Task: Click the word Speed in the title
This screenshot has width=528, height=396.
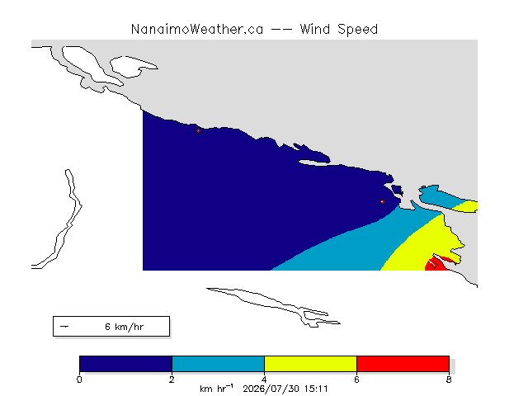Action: [x=357, y=30]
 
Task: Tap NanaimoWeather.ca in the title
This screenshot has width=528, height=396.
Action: [x=197, y=30]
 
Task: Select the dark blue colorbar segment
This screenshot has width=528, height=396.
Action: [x=126, y=364]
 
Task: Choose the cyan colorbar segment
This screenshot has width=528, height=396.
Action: [x=218, y=364]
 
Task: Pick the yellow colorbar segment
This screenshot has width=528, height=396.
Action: [x=310, y=364]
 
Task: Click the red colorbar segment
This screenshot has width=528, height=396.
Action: [x=403, y=364]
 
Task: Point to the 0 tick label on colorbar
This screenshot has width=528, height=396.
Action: [x=79, y=379]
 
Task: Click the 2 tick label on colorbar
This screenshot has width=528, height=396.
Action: [x=172, y=379]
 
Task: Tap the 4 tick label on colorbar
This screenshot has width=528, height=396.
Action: [x=264, y=379]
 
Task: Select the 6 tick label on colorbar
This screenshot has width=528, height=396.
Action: [x=356, y=379]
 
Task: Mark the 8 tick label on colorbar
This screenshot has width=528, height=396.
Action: [x=449, y=379]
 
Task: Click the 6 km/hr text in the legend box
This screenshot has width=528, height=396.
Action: [x=125, y=327]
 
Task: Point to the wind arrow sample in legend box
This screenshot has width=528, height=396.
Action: [x=64, y=327]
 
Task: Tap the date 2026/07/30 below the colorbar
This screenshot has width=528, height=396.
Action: [x=271, y=389]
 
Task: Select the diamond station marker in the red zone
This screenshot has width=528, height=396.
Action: [x=434, y=265]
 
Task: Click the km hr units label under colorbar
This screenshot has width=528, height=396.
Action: [x=216, y=389]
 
